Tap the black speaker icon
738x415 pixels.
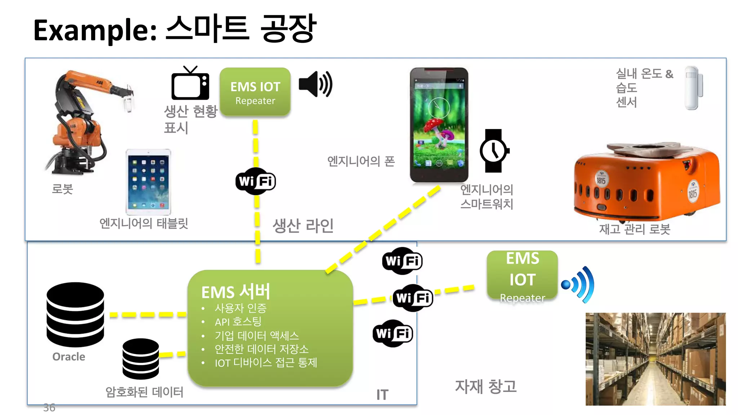tap(315, 84)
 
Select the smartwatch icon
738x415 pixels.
tap(494, 151)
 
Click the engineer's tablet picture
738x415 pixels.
tap(148, 182)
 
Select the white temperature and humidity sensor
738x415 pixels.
tap(693, 88)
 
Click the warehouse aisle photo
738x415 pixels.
tap(655, 359)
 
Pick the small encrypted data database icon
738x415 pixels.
tap(141, 358)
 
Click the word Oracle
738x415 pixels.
tap(69, 357)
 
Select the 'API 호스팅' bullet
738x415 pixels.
tap(238, 322)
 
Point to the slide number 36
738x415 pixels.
tap(49, 407)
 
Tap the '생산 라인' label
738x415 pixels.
tap(303, 226)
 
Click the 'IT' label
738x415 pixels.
tap(382, 395)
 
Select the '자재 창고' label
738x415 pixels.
tap(485, 387)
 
